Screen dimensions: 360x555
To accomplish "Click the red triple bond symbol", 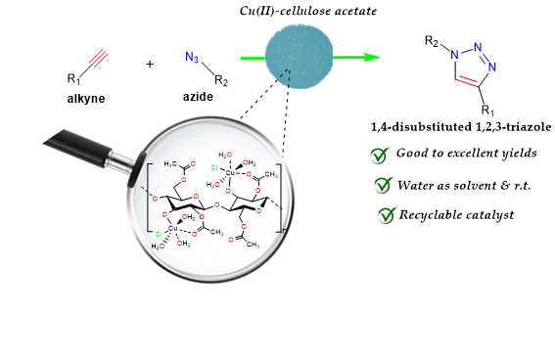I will (98, 59).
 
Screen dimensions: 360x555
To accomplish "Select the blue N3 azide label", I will (192, 58).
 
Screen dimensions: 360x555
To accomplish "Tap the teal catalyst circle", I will (300, 56).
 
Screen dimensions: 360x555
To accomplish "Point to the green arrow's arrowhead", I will (371, 58).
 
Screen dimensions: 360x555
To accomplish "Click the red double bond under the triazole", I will (467, 81).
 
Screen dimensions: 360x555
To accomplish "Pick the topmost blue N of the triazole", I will (478, 46).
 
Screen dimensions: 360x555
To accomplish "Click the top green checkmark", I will (380, 156).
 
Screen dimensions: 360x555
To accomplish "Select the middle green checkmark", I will (384, 185).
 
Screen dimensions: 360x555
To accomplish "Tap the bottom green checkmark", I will (388, 215).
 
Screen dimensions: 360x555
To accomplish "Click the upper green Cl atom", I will (214, 167).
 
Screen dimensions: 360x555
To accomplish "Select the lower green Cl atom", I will (159, 235).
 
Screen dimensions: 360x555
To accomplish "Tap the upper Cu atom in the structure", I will (230, 172).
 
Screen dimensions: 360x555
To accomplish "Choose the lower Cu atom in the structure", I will (173, 229).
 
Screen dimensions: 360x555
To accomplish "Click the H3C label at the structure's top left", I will (170, 163).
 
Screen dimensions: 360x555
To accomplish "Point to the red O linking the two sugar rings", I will (216, 205).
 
